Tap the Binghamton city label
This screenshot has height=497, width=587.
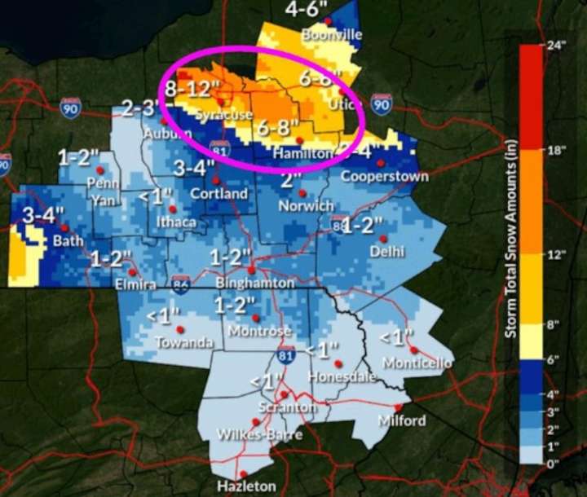click(252, 282)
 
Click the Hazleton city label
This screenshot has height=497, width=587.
click(243, 486)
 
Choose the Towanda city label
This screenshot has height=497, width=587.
click(179, 342)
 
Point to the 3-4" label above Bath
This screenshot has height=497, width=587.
click(38, 216)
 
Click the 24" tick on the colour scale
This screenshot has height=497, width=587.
click(558, 46)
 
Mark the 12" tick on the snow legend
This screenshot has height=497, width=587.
click(558, 254)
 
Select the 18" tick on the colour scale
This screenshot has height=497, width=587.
click(558, 150)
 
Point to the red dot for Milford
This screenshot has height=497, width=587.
click(398, 407)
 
